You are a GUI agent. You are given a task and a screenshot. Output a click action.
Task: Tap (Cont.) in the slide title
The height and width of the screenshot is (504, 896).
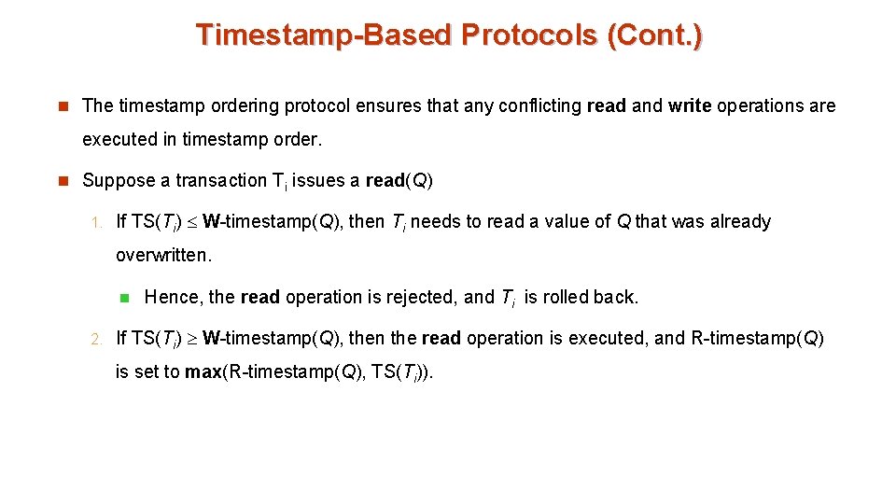654,35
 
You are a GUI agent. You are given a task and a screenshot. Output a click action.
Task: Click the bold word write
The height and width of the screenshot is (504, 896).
689,106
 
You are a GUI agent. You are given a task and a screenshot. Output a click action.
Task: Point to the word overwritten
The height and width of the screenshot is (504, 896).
163,254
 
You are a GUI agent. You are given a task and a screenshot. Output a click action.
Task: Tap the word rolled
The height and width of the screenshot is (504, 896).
565,298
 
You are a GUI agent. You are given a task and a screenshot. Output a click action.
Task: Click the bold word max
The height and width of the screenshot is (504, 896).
203,372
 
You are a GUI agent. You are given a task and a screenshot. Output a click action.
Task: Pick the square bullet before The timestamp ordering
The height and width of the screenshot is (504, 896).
63,106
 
